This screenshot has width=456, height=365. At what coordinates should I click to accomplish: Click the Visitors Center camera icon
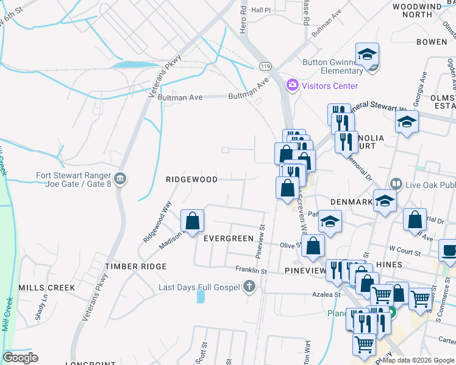293,86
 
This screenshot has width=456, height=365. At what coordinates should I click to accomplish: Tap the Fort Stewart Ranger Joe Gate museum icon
120,178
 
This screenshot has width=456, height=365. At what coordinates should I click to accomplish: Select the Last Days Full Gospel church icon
248,286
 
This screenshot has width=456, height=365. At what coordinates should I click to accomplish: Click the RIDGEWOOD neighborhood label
191,179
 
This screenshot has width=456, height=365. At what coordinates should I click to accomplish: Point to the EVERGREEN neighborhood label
228,238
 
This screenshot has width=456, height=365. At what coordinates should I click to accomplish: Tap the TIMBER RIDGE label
135,266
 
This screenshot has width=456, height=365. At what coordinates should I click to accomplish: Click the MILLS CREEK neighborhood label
46,287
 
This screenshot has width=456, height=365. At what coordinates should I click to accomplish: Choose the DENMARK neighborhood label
351,201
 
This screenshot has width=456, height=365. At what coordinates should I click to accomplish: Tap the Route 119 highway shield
265,65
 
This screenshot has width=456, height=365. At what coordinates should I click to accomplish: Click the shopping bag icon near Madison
193,221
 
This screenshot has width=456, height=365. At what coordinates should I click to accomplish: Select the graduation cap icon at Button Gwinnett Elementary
368,55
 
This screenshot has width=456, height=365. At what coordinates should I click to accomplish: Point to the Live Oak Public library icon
396,184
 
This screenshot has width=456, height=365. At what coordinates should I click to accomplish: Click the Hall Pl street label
260,10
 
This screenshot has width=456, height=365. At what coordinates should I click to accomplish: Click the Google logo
20,358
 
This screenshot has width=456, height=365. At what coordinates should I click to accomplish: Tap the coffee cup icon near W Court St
449,251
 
